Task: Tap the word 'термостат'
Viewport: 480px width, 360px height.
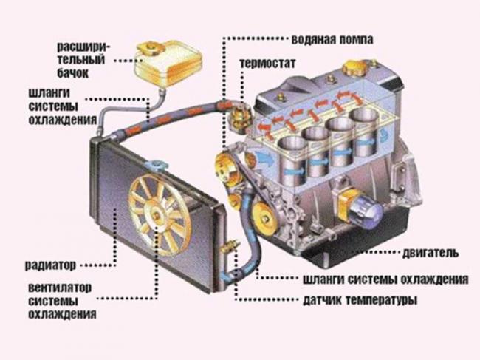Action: click(267, 64)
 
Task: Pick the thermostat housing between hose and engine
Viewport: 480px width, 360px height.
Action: click(239, 115)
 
